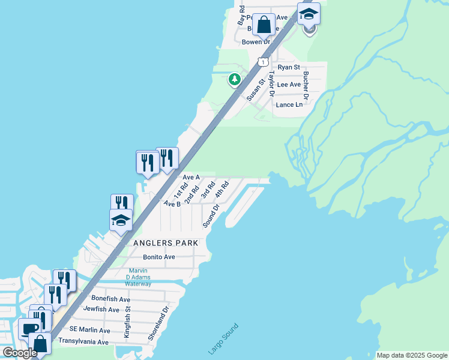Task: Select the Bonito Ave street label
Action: coord(159,257)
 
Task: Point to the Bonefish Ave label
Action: coord(110,299)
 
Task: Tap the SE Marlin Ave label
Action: coord(90,330)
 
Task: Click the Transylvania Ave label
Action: coord(83,342)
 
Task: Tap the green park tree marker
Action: coord(235,79)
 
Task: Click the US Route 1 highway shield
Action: coord(262,62)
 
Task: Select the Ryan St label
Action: coord(289,68)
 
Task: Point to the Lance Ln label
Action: coord(289,104)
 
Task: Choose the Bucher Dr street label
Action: coord(306,85)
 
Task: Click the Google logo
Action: coord(20,353)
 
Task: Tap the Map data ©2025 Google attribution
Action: coord(411,355)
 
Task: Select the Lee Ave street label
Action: coord(289,85)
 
